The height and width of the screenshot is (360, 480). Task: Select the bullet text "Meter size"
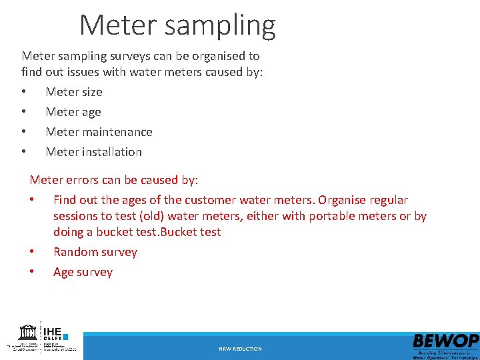[x=74, y=92]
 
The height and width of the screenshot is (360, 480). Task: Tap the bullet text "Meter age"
[x=73, y=112]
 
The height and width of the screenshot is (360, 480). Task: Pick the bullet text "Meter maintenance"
[x=99, y=132]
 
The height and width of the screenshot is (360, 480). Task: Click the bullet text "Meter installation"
[x=93, y=152]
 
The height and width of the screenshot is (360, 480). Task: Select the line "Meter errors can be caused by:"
[x=114, y=180]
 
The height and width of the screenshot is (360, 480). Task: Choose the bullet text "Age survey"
[x=83, y=272]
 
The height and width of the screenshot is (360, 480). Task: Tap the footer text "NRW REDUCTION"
[x=240, y=349]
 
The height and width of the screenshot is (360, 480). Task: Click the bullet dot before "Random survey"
[x=32, y=252]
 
